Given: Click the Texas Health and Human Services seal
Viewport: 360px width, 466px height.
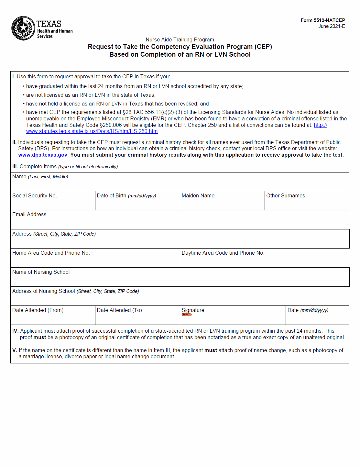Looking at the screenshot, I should (x=23, y=28).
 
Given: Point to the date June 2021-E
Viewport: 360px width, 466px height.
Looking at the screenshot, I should (x=332, y=26).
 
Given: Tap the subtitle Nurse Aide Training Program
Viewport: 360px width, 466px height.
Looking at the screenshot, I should (x=180, y=39).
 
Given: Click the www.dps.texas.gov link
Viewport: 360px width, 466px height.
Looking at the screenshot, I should (x=43, y=155).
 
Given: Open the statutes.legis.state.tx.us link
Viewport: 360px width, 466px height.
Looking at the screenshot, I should (x=92, y=131).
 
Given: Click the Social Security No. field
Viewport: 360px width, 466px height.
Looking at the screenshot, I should (x=53, y=204).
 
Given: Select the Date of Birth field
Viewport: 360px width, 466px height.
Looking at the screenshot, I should (x=137, y=204).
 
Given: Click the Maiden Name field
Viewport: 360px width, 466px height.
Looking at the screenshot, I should (x=222, y=204).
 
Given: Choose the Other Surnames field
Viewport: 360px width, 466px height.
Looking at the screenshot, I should (x=307, y=204).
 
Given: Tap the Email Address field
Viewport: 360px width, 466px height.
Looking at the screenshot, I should (x=180, y=223).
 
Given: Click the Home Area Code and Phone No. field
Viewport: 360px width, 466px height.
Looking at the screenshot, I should (x=95, y=261).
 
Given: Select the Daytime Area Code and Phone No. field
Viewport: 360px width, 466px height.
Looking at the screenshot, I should (x=264, y=261).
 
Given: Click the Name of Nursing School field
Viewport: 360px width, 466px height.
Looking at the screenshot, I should (x=180, y=280).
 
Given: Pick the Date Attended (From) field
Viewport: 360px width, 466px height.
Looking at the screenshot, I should (x=53, y=318).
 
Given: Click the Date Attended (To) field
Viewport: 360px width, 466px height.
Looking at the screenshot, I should (x=137, y=318).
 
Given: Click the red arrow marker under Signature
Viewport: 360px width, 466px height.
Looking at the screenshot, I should (x=187, y=315).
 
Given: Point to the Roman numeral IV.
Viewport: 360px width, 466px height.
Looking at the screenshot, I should (x=15, y=331).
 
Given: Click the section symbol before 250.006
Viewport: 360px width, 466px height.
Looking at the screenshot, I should (x=101, y=125).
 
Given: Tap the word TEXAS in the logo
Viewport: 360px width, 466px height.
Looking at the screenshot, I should (x=49, y=24).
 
